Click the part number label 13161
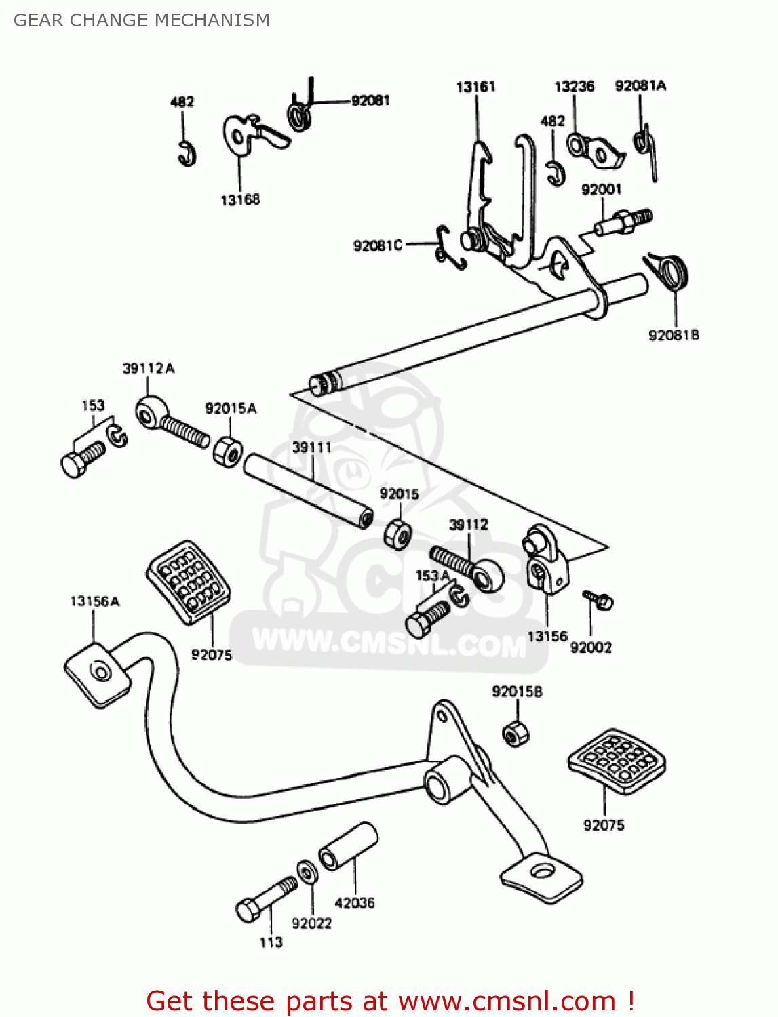[x=475, y=87]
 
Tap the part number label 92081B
[x=674, y=335]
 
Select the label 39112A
[x=149, y=368]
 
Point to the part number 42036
[x=354, y=903]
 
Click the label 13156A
[x=95, y=601]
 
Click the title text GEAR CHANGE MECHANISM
[x=142, y=20]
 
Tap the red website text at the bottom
[x=390, y=1001]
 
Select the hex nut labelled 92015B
[x=516, y=734]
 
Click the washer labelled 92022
[x=306, y=872]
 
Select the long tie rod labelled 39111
[x=309, y=490]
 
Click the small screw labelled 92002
[x=598, y=599]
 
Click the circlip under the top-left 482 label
[x=187, y=154]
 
